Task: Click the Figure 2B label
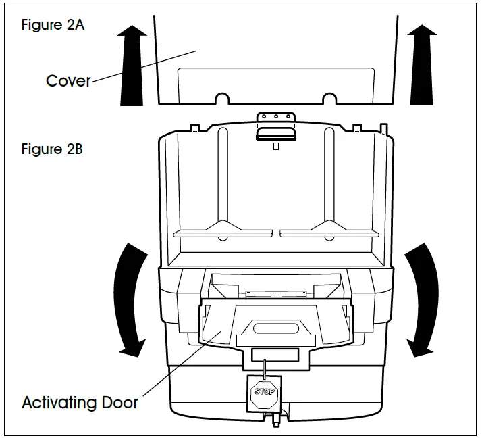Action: pyautogui.click(x=52, y=149)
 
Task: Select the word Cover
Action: pyautogui.click(x=68, y=81)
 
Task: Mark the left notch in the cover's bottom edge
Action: pyautogui.click(x=221, y=99)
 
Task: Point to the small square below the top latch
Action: pyautogui.click(x=275, y=145)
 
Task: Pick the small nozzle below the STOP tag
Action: pyautogui.click(x=275, y=420)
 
